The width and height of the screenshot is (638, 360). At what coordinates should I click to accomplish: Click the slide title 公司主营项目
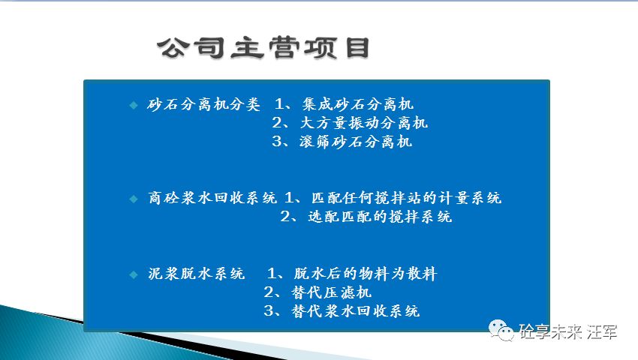263,48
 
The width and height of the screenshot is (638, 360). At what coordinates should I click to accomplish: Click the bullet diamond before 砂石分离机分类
133,104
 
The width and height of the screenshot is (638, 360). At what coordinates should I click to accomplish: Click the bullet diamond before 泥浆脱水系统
133,274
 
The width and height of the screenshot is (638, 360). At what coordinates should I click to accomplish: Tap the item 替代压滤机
331,292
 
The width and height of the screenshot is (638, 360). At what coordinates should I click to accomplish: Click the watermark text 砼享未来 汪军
567,331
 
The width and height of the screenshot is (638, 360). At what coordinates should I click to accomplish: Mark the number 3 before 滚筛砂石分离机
275,142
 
